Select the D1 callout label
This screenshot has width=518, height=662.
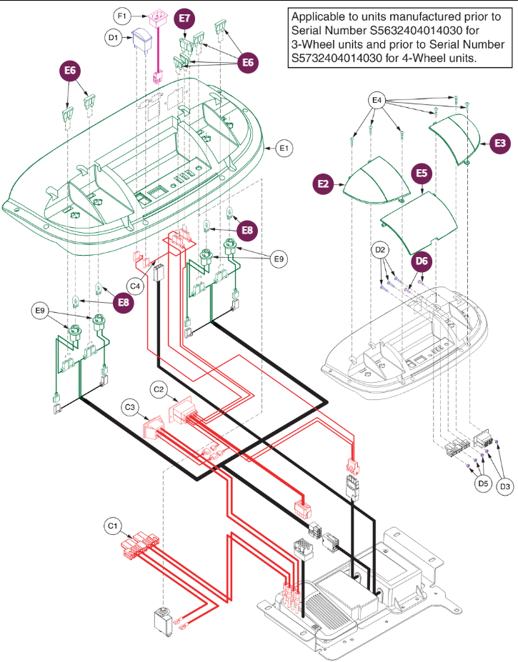click(113, 38)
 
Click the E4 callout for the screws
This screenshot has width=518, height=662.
click(378, 101)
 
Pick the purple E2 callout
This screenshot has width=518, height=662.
click(324, 184)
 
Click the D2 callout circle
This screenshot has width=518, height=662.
click(380, 250)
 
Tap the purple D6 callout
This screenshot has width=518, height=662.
click(422, 262)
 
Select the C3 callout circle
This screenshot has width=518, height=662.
click(130, 408)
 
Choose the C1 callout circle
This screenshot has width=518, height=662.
click(112, 526)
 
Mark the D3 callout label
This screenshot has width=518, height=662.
click(505, 486)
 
